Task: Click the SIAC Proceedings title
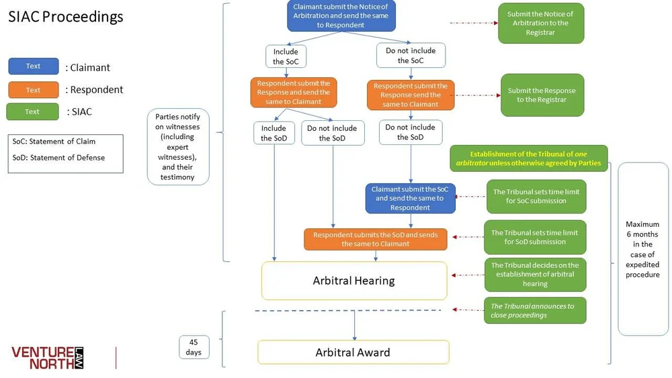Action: (x=66, y=17)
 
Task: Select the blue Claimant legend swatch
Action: (x=33, y=66)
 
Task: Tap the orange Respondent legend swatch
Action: (x=33, y=90)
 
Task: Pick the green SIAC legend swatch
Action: (x=32, y=111)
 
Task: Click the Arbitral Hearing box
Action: (x=354, y=281)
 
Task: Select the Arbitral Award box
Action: (x=353, y=352)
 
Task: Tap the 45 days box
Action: (x=194, y=347)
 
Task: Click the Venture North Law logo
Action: (x=48, y=357)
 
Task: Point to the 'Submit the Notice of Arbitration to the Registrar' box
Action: (x=540, y=23)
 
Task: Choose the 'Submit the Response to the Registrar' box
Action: (x=542, y=95)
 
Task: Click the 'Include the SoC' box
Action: (x=287, y=56)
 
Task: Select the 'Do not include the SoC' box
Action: (x=411, y=56)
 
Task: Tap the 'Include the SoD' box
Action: (x=274, y=133)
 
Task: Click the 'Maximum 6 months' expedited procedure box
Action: (x=642, y=249)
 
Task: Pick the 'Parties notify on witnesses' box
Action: (x=177, y=147)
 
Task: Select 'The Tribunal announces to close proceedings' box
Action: (x=535, y=310)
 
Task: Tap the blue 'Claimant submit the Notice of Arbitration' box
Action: (x=341, y=16)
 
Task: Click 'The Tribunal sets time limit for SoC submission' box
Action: (x=536, y=196)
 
